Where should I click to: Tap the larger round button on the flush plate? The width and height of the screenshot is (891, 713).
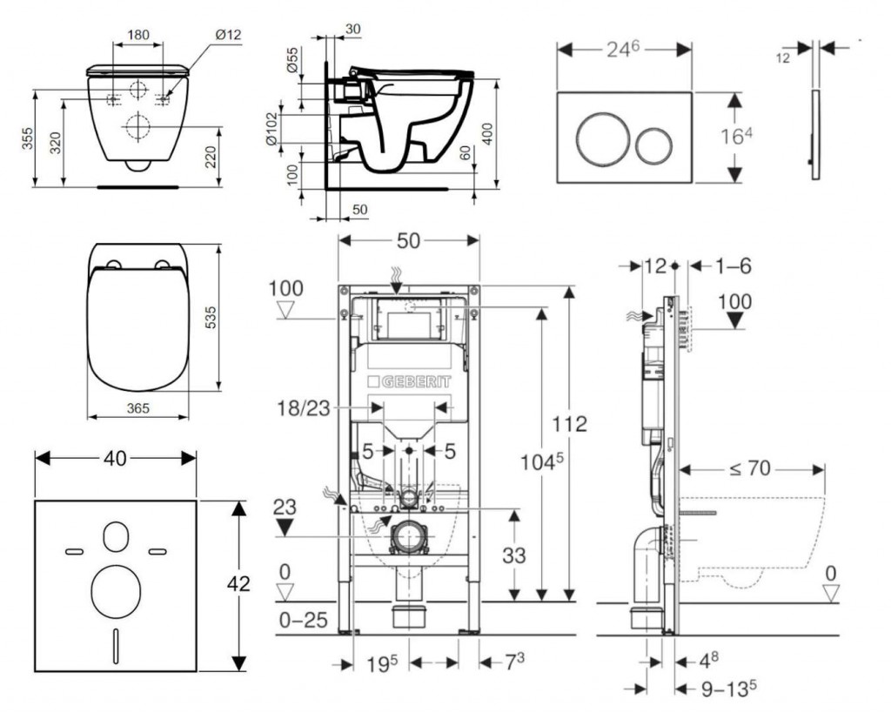tap(597, 138)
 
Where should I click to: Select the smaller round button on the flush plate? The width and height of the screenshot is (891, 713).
tap(653, 145)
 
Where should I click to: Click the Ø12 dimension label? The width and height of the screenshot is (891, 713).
tap(228, 35)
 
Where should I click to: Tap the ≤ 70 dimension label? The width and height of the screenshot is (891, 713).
tap(750, 468)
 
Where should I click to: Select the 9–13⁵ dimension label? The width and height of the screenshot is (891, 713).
tap(727, 688)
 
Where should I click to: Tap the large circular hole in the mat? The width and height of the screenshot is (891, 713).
tap(116, 590)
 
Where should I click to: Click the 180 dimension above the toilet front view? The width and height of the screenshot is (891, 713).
tap(137, 36)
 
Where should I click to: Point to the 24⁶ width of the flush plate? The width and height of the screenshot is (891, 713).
tap(624, 50)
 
